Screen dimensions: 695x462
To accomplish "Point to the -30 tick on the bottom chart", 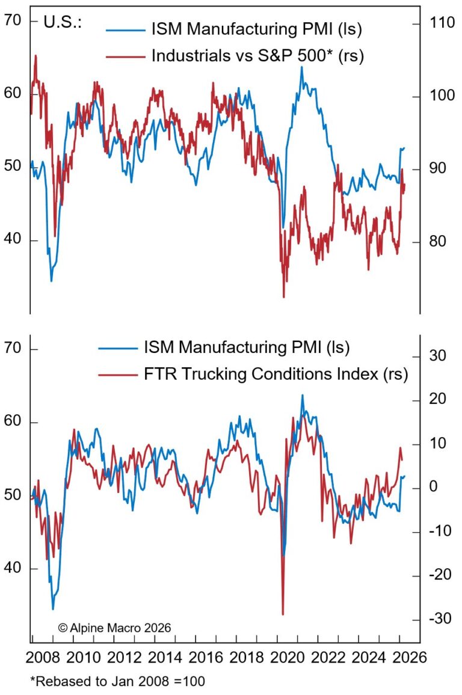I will [437, 620].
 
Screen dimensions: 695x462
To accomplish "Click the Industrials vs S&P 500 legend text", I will [258, 56].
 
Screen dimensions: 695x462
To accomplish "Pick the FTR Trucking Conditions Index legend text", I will [276, 375].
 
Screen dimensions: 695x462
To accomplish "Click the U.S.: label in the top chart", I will [63, 23].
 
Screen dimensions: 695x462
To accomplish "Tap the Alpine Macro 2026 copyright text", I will [114, 627].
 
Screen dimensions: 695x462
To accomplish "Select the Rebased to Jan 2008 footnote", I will [117, 681].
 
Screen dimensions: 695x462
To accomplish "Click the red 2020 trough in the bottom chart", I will [283, 614].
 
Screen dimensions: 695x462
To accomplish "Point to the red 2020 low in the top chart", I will [283, 296].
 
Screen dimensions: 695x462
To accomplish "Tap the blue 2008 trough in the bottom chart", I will [53, 609].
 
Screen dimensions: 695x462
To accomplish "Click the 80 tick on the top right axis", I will [437, 242].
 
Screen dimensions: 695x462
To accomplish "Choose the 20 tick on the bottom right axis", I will [437, 399].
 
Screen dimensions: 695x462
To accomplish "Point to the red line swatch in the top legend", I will [125, 57].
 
